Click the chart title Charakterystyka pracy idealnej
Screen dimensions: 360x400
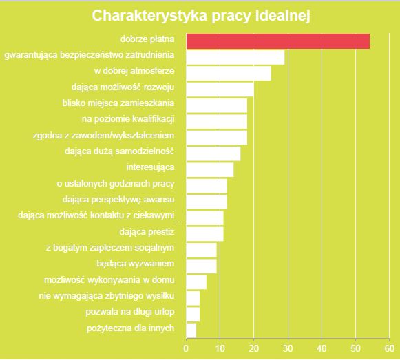(200, 15)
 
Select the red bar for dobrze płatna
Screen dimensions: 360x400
(277, 41)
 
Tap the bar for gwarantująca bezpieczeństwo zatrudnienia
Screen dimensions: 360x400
(235, 57)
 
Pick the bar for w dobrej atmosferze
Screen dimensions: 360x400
(228, 73)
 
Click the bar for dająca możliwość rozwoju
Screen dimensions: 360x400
(220, 89)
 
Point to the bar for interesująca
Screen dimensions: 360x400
(209, 169)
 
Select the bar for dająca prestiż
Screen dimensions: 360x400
(204, 233)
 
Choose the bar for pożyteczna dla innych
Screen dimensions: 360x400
(191, 330)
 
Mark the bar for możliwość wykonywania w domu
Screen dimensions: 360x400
(196, 282)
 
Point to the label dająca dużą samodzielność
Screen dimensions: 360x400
(119, 151)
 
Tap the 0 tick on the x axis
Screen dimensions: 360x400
(186, 348)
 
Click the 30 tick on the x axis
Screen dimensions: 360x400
(288, 348)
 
